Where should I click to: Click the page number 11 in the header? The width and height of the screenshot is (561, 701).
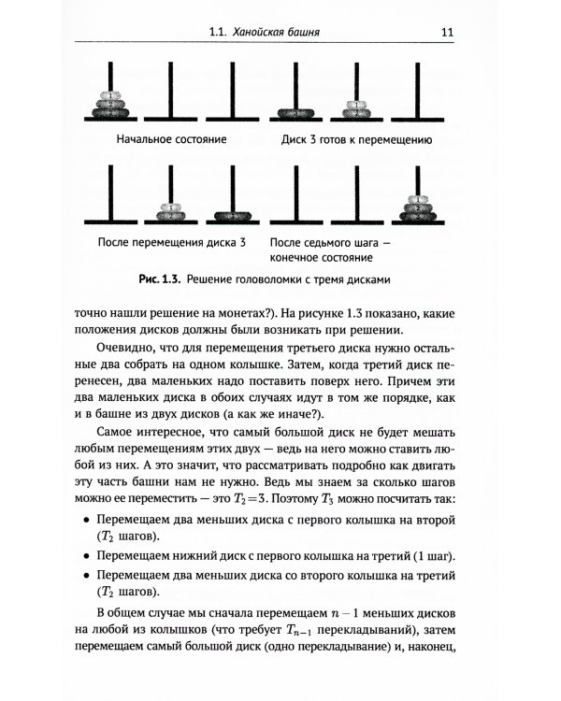[447, 35]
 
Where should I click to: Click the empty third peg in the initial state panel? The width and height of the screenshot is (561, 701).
[227, 93]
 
